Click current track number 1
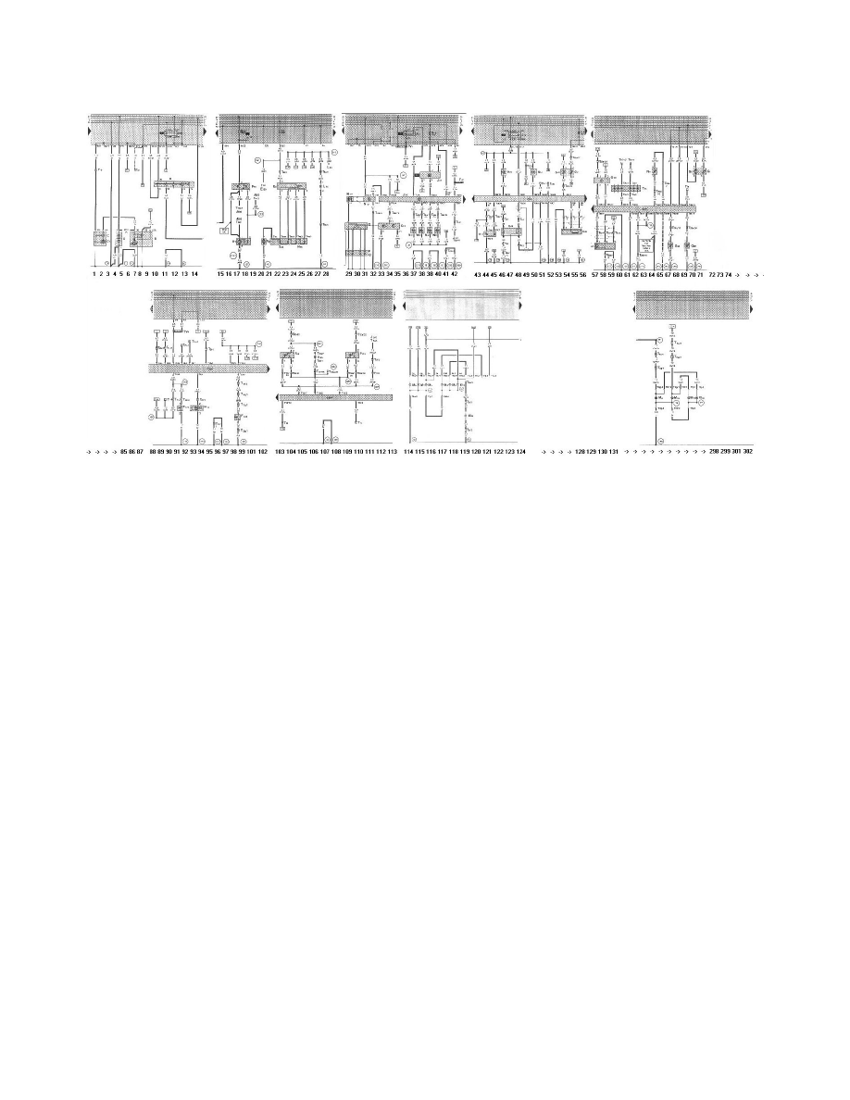tap(94, 275)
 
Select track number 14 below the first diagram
tap(194, 275)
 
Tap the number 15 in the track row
tap(220, 275)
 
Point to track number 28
tap(326, 275)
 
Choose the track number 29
tap(349, 275)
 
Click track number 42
tap(454, 275)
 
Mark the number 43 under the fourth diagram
tap(478, 275)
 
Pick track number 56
tap(582, 275)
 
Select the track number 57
tap(596, 275)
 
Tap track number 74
tap(729, 275)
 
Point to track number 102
tap(263, 451)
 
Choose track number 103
tap(281, 451)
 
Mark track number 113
tap(393, 451)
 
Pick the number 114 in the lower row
tap(409, 451)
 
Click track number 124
tap(521, 451)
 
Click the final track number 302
tap(747, 451)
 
